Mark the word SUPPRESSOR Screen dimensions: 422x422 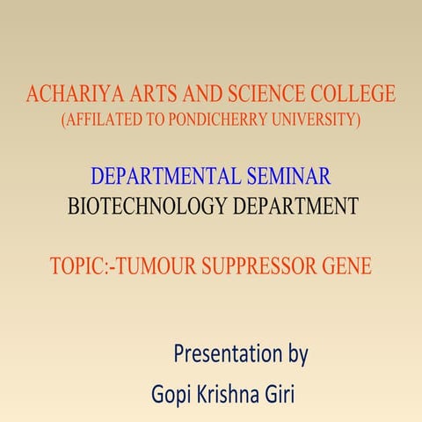[262, 266]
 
